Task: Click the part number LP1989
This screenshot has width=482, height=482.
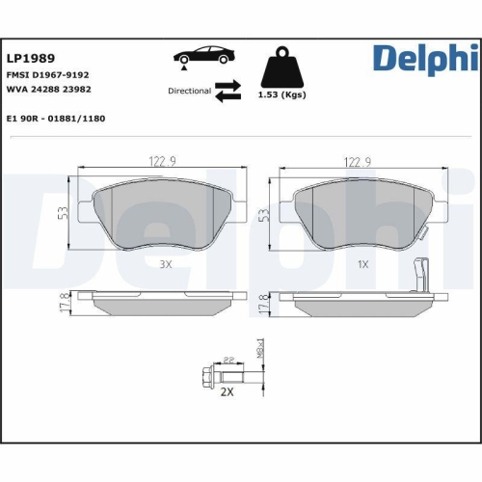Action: click(x=31, y=57)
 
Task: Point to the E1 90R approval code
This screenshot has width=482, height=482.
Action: click(x=55, y=118)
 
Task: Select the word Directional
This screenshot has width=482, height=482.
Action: click(x=188, y=92)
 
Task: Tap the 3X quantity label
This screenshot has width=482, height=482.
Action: click(x=164, y=262)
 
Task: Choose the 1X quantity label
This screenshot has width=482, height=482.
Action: click(x=362, y=262)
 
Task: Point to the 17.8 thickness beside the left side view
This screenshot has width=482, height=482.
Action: click(x=63, y=302)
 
